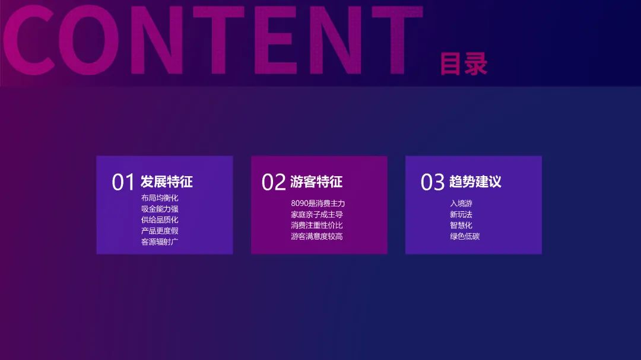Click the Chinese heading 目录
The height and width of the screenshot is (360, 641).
[464, 63]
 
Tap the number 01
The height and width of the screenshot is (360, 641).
[123, 182]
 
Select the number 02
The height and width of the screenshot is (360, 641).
[274, 182]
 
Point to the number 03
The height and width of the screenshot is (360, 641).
[432, 182]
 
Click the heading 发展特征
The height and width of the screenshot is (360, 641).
[166, 182]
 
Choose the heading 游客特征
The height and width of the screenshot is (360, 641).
[316, 182]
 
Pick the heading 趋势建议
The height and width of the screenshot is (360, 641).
[475, 182]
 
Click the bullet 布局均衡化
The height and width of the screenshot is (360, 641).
[160, 198]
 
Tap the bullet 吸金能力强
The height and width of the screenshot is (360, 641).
[160, 209]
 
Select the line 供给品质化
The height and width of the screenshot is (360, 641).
[160, 220]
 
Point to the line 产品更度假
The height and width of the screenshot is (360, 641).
[160, 231]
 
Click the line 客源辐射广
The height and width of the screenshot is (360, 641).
[160, 242]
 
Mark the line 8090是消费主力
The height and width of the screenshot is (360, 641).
[318, 203]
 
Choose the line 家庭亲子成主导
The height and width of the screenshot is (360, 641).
[317, 215]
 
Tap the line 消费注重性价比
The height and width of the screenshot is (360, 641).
[317, 225]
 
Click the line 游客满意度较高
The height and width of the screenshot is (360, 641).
[317, 236]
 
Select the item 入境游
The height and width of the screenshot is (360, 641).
[461, 203]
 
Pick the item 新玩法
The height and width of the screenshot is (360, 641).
[461, 215]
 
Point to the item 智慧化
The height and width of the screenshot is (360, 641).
[461, 225]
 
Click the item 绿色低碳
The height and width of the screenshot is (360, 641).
[465, 236]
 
